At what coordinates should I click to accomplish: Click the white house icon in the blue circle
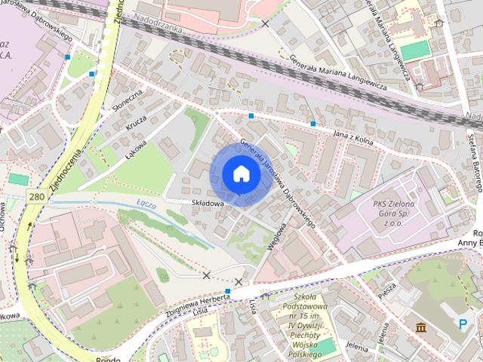(241, 173)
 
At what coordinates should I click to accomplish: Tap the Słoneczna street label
(127, 103)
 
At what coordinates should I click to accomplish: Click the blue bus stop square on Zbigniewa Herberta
(227, 290)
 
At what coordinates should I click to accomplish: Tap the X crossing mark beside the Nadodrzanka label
(265, 24)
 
